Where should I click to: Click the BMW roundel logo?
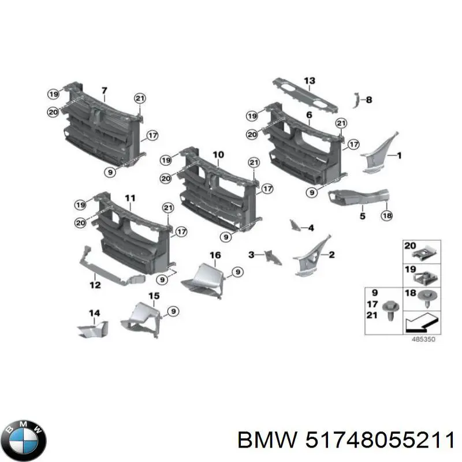(x=23, y=440)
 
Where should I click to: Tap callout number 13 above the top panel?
(x=310, y=81)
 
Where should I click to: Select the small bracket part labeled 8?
(x=356, y=100)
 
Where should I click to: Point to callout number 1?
(x=399, y=155)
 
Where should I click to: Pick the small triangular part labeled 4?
(x=295, y=225)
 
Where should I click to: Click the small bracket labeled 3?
(x=273, y=257)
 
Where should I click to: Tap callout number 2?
(x=331, y=255)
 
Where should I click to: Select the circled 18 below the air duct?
(x=386, y=215)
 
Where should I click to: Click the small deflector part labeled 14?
(x=93, y=329)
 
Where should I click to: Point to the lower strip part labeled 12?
(x=112, y=267)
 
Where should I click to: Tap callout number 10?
(x=218, y=155)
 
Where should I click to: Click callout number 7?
(x=105, y=91)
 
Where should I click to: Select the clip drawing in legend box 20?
(x=425, y=253)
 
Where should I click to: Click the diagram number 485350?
(x=423, y=339)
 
